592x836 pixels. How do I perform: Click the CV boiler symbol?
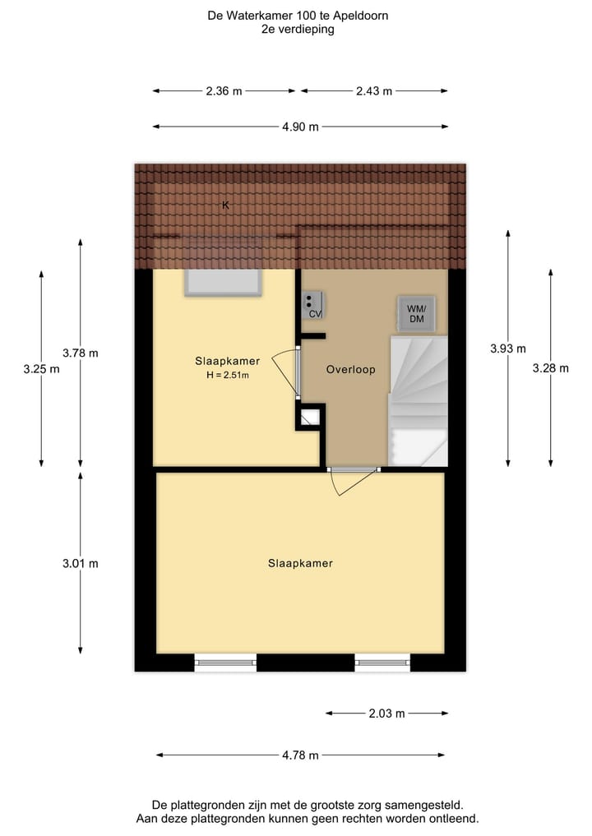(x=313, y=305)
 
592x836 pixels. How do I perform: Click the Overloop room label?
(x=350, y=370)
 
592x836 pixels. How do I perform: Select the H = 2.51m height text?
(x=228, y=376)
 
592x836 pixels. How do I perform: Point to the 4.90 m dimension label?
(x=300, y=127)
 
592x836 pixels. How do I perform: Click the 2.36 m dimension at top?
(x=224, y=91)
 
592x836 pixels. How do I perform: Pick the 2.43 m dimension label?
(x=374, y=91)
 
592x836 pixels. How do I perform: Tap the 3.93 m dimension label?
(x=507, y=349)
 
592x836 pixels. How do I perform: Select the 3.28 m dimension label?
(x=551, y=368)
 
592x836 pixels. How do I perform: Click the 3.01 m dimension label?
(x=80, y=564)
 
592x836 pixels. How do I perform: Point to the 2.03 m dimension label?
(x=386, y=714)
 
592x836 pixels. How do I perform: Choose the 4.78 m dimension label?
(x=300, y=755)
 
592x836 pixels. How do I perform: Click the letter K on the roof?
(x=226, y=206)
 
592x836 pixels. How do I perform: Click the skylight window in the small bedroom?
(x=224, y=282)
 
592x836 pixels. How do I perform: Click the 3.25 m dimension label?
(x=41, y=369)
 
